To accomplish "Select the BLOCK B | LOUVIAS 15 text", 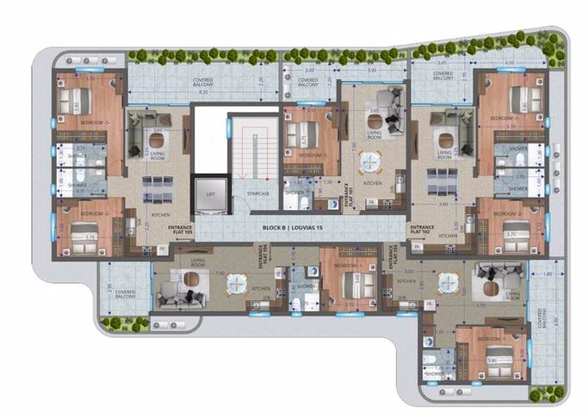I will (292, 229).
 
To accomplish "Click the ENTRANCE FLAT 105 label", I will (179, 229).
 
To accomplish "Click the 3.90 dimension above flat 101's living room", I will (373, 71).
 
